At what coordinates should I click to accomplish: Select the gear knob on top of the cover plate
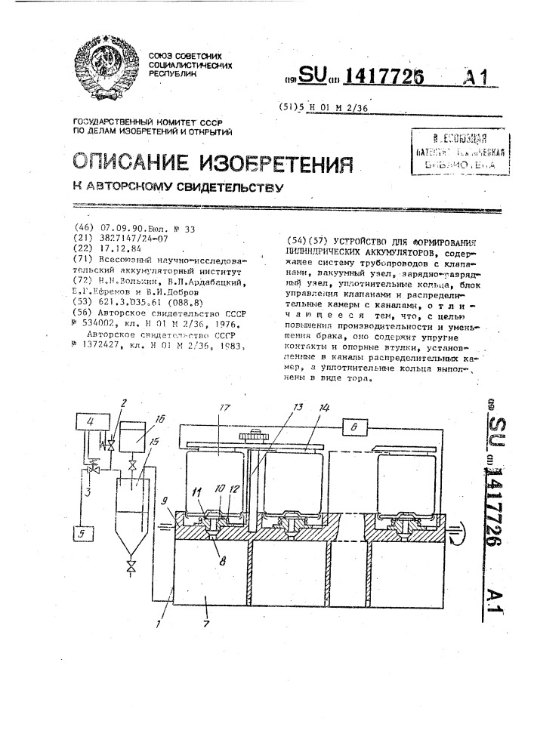[x=253, y=437]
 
